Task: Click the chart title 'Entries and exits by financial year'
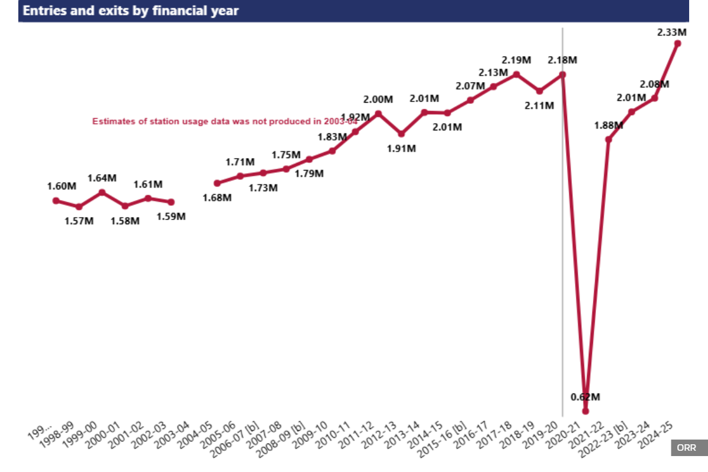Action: [130, 11]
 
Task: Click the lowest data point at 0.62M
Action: [585, 411]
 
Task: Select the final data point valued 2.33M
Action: [677, 43]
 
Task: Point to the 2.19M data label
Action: [516, 60]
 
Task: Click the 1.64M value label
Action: [102, 178]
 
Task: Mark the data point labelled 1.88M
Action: [608, 139]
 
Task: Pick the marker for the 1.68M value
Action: [217, 183]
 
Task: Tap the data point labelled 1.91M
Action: [401, 134]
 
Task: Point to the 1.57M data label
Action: [79, 221]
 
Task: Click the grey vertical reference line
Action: [562, 236]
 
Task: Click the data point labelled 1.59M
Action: [171, 202]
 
